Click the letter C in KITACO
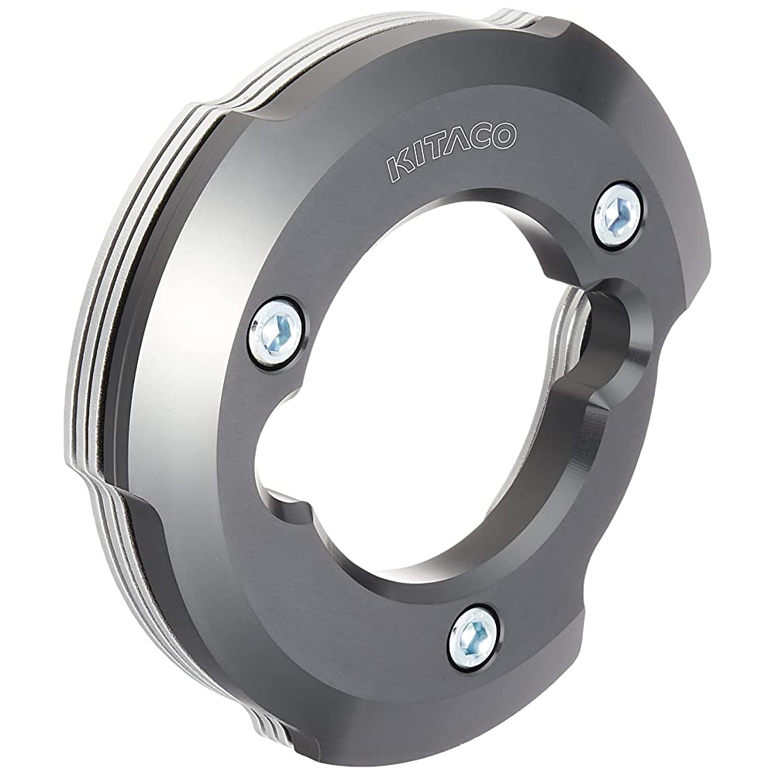(480, 139)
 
